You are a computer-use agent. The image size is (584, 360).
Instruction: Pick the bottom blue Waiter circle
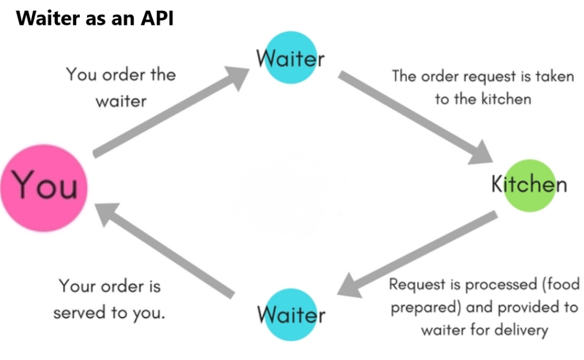tap(290, 314)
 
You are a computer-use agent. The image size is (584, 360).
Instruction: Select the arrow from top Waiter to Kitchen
tap(415, 118)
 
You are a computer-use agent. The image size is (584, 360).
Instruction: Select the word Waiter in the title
tap(44, 18)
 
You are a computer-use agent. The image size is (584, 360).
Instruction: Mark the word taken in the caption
tap(554, 77)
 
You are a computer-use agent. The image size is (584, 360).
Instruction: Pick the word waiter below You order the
tap(121, 101)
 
